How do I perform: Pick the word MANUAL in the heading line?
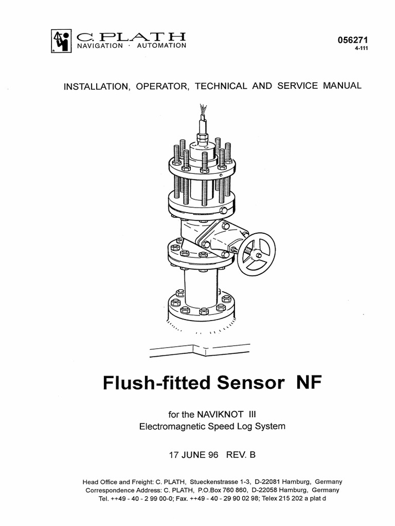[342, 86]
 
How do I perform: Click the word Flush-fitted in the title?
[153, 383]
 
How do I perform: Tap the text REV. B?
[240, 455]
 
